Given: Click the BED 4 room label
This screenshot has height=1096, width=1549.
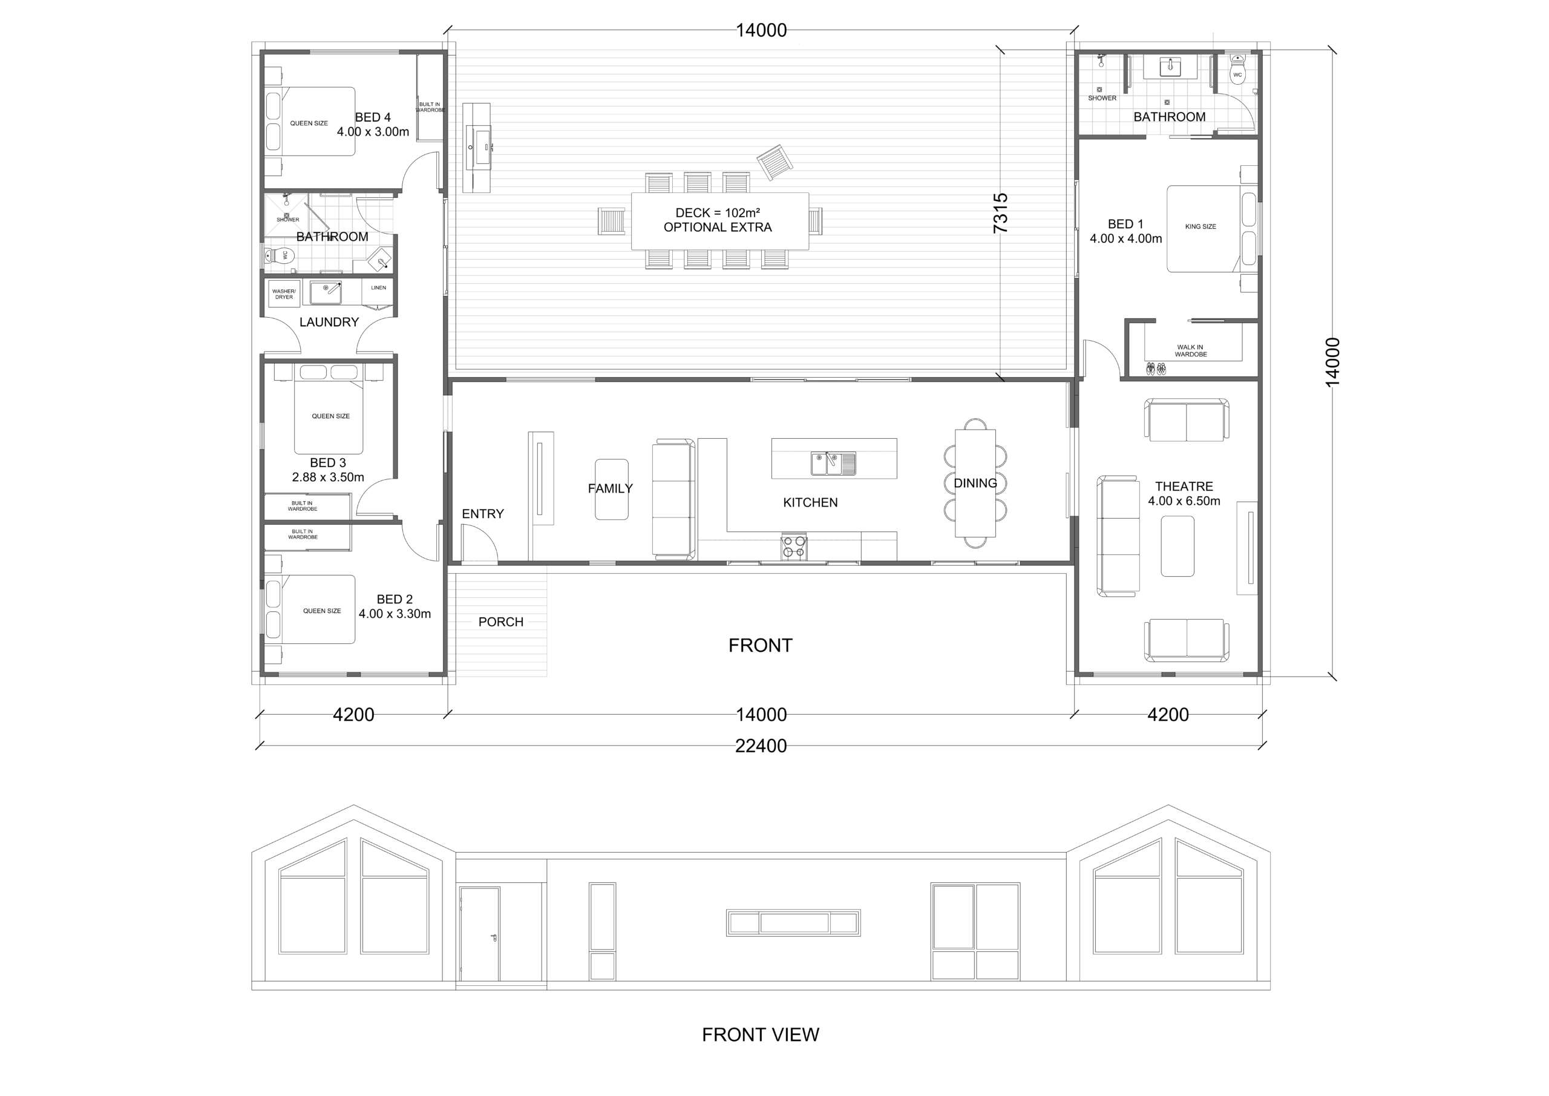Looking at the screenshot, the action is (x=373, y=117).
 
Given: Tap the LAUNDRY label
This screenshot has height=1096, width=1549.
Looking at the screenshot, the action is (x=329, y=322).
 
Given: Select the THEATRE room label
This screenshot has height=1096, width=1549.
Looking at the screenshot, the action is (x=1184, y=487).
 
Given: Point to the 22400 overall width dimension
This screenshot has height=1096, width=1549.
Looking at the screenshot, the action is (x=761, y=746).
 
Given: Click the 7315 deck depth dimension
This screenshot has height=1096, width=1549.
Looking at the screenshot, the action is (x=1001, y=213).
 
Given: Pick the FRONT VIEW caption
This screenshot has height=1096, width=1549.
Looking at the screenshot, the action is (x=761, y=1035).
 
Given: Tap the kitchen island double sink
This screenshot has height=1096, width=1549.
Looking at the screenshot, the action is (x=833, y=464).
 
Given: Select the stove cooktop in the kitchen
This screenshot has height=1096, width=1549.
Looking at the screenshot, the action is (x=794, y=547).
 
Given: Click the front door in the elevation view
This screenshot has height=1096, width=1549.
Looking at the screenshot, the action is (x=480, y=934).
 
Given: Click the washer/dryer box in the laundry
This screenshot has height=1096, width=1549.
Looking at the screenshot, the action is (x=284, y=294).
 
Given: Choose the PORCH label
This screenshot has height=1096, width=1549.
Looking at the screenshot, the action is (x=500, y=622).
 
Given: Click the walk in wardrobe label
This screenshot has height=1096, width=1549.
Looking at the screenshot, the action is (x=1191, y=351).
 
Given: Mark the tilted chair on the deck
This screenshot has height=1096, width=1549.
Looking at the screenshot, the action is (x=774, y=163).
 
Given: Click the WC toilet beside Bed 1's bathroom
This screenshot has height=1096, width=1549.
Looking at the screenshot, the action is (x=1237, y=70).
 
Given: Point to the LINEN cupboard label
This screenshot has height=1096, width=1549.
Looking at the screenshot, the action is (x=379, y=287).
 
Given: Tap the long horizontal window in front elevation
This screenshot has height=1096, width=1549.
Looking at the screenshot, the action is (x=793, y=922).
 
